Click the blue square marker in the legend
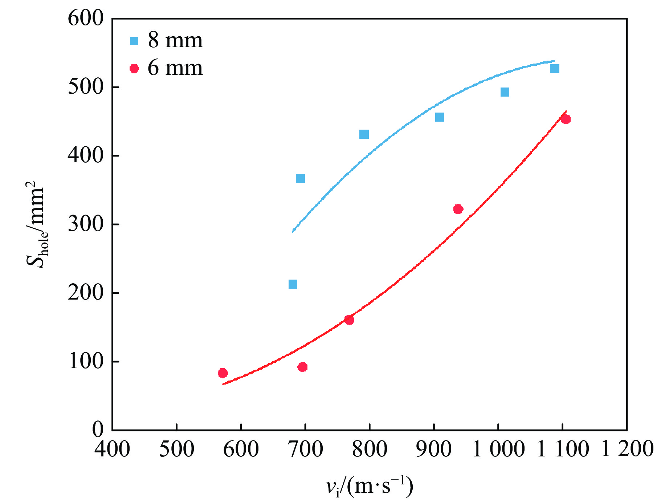[x=134, y=41]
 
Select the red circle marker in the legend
[x=134, y=68]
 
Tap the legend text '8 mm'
[x=175, y=40]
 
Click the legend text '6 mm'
[x=175, y=68]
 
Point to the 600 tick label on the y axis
[x=86, y=18]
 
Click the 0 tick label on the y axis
[x=98, y=430]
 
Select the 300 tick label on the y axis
[x=86, y=224]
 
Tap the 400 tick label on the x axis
[x=112, y=449]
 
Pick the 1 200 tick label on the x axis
[x=627, y=449]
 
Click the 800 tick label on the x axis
[x=370, y=449]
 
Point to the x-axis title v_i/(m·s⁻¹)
[x=370, y=486]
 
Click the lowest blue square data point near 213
[x=293, y=284]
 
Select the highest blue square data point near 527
[x=554, y=69]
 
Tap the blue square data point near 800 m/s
[x=364, y=134]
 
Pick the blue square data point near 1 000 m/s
[x=505, y=92]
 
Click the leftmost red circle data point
[x=223, y=373]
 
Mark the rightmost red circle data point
[x=566, y=119]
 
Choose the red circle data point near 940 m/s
[x=458, y=209]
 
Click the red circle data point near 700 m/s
[x=302, y=367]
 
